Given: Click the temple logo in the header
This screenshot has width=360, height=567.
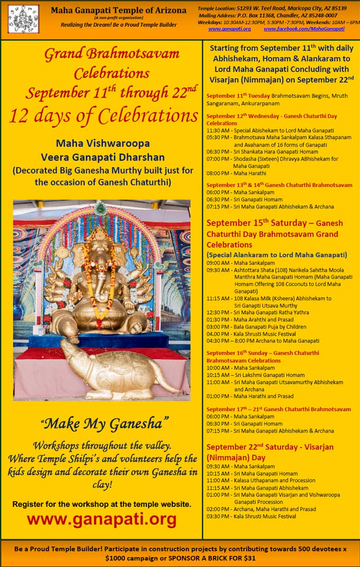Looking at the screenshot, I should click(x=23, y=19).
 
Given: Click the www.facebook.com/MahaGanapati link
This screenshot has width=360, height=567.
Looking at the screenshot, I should click(x=304, y=29).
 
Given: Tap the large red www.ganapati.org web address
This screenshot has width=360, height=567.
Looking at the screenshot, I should click(x=102, y=519).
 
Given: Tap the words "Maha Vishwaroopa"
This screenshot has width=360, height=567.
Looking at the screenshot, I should click(x=103, y=143).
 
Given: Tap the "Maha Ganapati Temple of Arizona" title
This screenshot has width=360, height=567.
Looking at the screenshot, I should click(x=120, y=10).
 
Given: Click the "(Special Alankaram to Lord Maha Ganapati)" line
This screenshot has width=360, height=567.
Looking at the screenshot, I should click(x=276, y=255).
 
